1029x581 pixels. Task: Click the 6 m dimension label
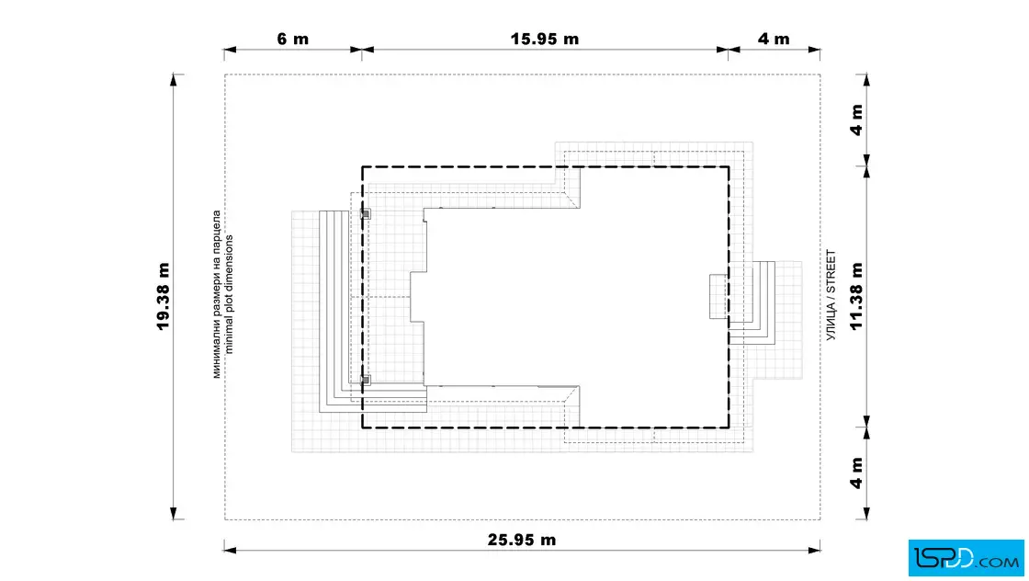click(x=293, y=39)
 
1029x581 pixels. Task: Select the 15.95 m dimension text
click(x=545, y=39)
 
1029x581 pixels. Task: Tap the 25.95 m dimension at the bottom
click(x=522, y=540)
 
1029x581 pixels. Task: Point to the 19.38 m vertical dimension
click(x=163, y=296)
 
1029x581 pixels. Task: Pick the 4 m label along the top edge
click(x=774, y=39)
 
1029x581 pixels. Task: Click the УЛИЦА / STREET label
click(x=831, y=295)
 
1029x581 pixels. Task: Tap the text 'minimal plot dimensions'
click(x=229, y=294)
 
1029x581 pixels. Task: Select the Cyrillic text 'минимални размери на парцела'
click(x=217, y=294)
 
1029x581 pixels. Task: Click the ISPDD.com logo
click(x=966, y=558)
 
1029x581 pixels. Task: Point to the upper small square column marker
click(x=366, y=214)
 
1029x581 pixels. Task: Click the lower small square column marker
click(x=366, y=380)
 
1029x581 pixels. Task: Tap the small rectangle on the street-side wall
click(x=718, y=297)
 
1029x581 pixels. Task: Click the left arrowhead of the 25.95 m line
click(x=230, y=550)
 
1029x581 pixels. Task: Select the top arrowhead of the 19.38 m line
click(x=174, y=80)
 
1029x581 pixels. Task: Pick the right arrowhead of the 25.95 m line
click(x=814, y=550)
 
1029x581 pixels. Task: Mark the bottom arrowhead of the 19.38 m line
click(x=174, y=513)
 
